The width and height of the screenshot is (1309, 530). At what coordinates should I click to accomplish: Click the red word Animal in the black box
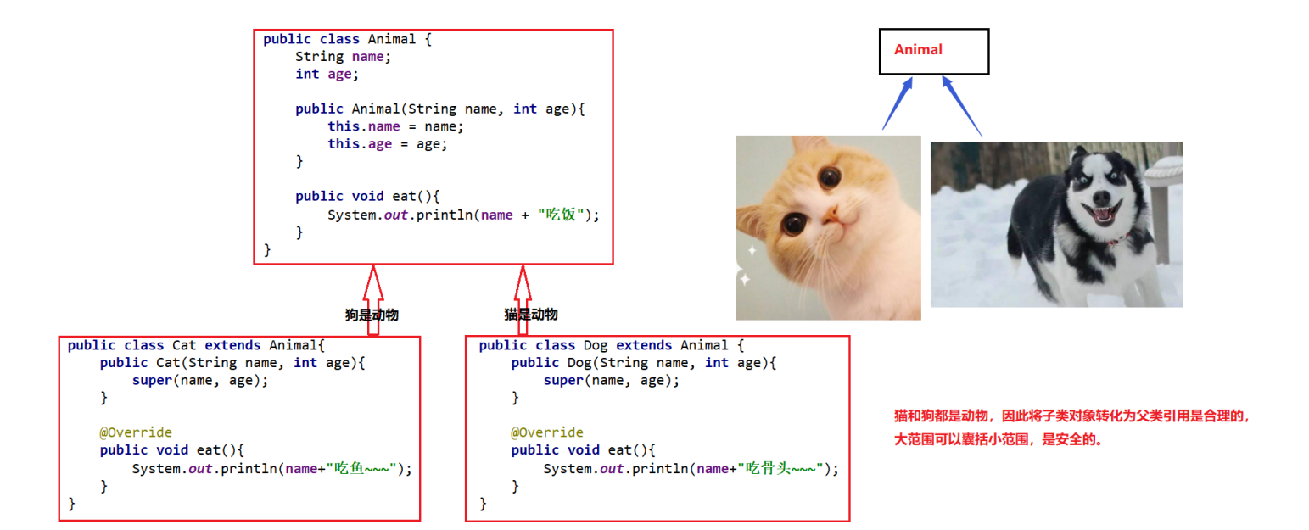[918, 49]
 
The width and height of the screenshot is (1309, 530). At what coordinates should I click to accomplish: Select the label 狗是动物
[372, 315]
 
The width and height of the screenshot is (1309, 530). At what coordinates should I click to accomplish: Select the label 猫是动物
[531, 315]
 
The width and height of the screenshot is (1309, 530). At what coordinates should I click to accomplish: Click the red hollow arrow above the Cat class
[372, 297]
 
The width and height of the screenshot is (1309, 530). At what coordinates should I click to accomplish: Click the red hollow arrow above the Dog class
[523, 297]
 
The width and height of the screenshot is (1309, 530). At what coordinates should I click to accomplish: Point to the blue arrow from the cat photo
[898, 103]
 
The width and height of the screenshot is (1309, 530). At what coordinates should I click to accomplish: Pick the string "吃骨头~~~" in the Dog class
[781, 468]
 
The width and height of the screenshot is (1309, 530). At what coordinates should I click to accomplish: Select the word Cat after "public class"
[184, 345]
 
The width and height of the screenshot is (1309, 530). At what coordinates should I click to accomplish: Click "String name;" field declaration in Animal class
[344, 57]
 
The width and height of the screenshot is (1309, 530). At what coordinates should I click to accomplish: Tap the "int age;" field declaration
[327, 74]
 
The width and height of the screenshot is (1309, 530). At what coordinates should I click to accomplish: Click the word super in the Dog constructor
[563, 380]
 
